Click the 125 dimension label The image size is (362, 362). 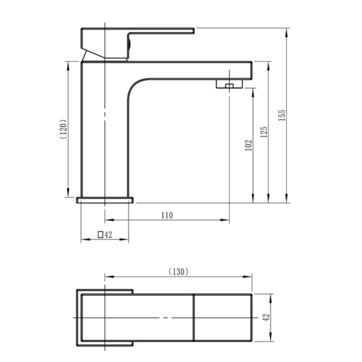pyautogui.click(x=265, y=131)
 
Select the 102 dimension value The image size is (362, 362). pyautogui.click(x=248, y=145)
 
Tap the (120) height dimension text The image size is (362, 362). pyautogui.click(x=63, y=131)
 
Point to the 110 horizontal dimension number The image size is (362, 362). pyautogui.click(x=167, y=215)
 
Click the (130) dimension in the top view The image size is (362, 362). pyautogui.click(x=178, y=271)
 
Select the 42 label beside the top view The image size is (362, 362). pyautogui.click(x=266, y=317)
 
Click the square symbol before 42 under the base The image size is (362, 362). pyautogui.click(x=100, y=234)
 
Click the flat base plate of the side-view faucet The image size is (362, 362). pyautogui.click(x=105, y=200)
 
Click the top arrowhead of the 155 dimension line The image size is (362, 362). pyautogui.click(x=287, y=31)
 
